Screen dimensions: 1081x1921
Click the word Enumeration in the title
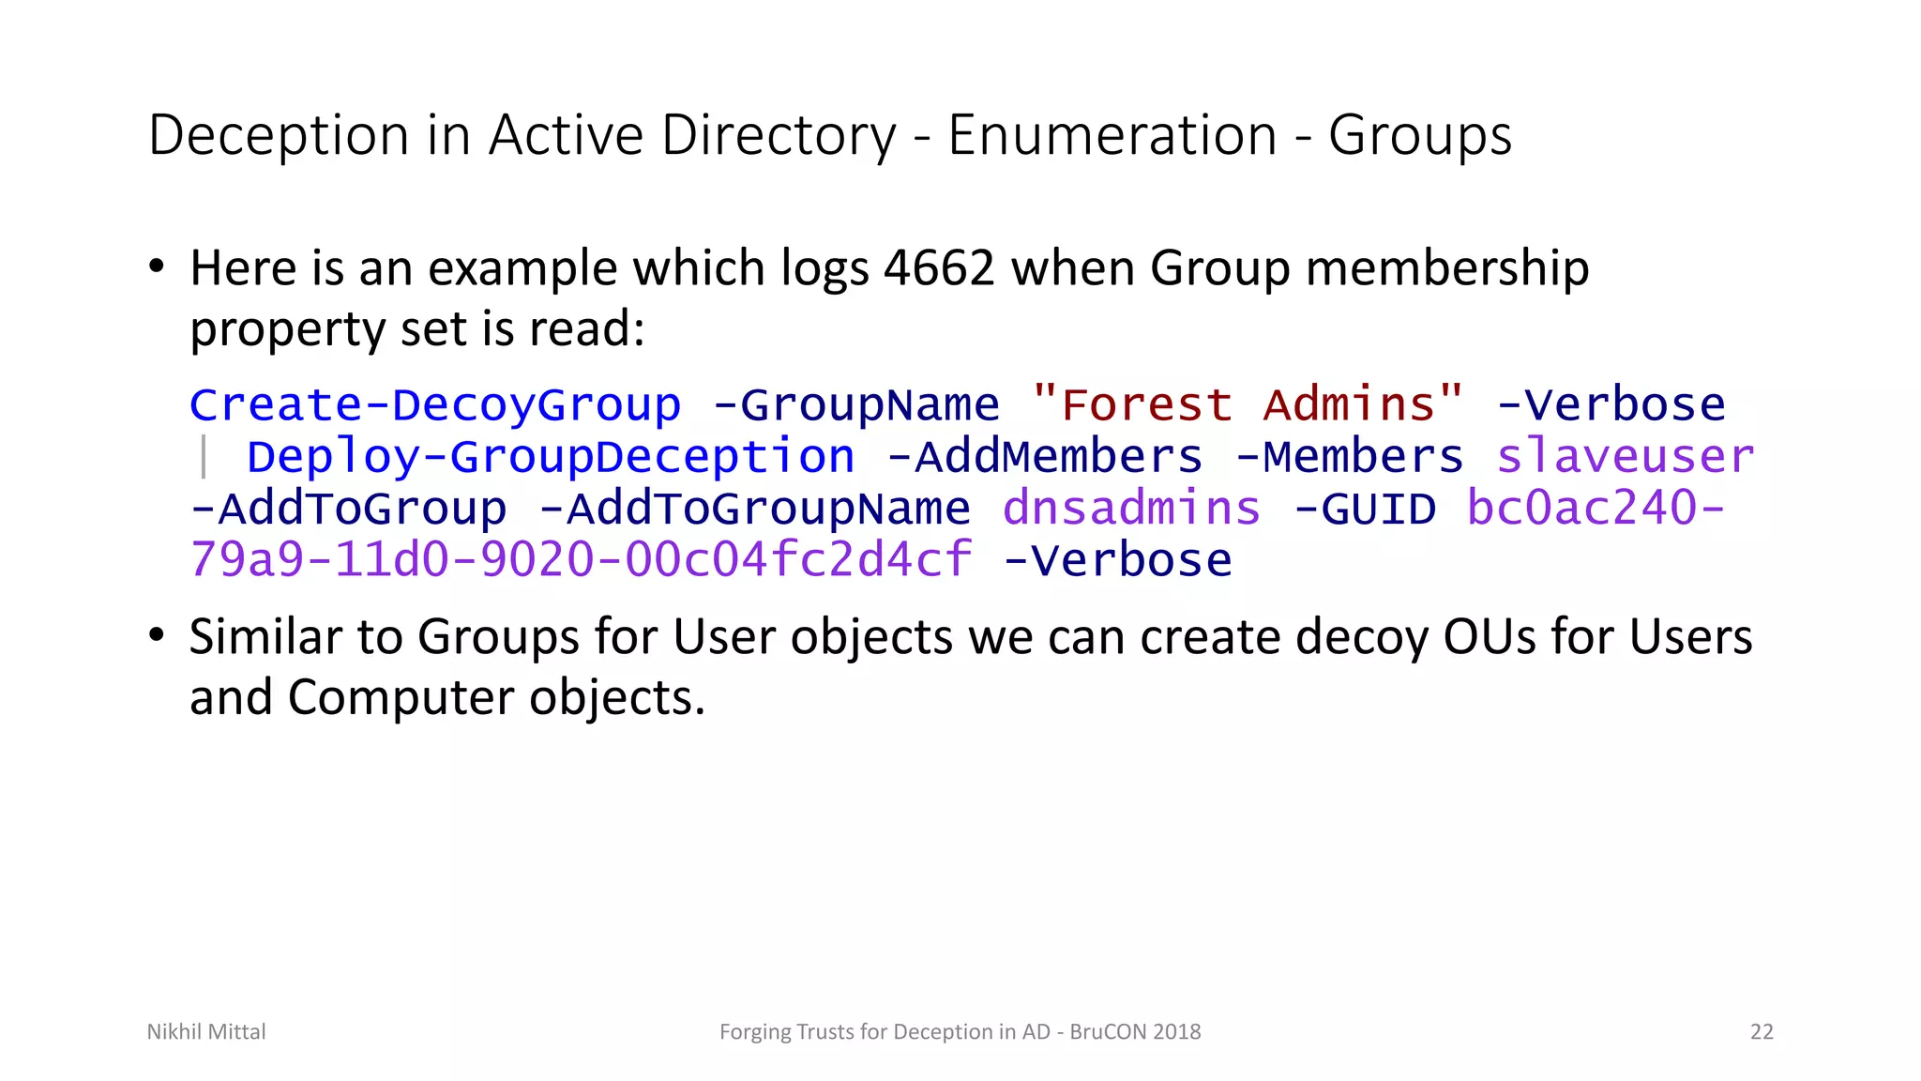[x=1112, y=135]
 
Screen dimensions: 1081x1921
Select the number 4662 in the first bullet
[x=938, y=268]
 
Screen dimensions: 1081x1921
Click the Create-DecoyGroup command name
[x=435, y=405]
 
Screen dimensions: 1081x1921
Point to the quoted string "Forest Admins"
[x=1247, y=404]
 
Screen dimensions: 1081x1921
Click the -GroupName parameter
[x=855, y=405]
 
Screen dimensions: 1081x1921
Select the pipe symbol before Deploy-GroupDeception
[x=204, y=458]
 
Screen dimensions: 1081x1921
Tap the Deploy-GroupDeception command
[x=551, y=457]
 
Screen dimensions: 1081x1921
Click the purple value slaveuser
[x=1625, y=457]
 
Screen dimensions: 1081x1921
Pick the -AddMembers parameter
[x=1044, y=457]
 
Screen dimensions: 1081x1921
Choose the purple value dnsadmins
[x=1131, y=509]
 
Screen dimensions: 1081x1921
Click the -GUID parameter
[x=1364, y=509]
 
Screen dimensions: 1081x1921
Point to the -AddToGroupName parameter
[x=754, y=509]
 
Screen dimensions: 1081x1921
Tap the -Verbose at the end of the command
[x=1117, y=560]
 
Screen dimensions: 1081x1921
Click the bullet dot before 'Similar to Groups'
[x=157, y=635]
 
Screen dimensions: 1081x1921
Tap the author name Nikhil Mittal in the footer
[x=206, y=1031]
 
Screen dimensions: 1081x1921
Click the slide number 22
[x=1762, y=1031]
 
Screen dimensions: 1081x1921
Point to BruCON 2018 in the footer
[x=1135, y=1031]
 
